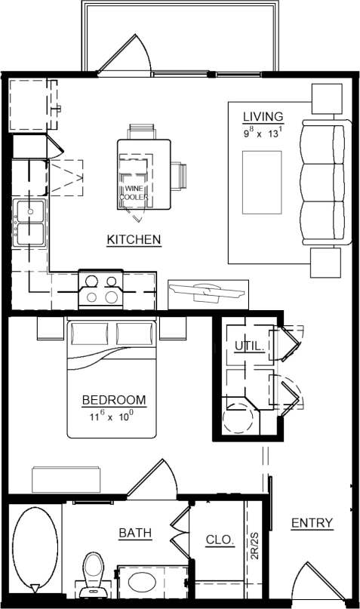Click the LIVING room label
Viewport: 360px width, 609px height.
263,116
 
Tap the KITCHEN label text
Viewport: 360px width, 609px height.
134,240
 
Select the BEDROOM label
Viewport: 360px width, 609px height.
114,400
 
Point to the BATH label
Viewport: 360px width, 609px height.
135,534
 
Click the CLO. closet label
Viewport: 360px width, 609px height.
220,540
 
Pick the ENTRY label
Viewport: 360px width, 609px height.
312,523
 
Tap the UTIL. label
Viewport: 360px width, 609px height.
249,346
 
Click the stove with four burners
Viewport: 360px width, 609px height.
101,289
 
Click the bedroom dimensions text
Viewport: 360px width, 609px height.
113,415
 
